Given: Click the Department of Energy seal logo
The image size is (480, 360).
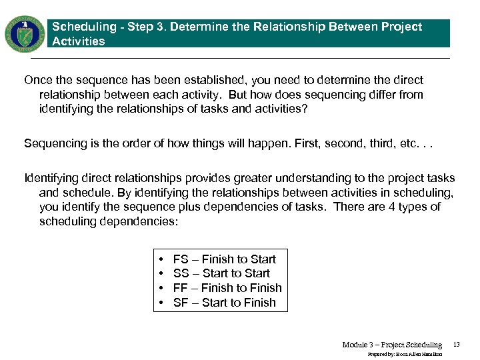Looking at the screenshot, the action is (x=25, y=33).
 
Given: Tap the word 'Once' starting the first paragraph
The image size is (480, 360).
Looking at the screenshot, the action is (x=37, y=80).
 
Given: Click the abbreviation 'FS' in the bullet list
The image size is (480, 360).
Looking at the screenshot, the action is (x=181, y=259).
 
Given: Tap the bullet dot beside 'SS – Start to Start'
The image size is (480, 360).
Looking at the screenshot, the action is (x=162, y=273).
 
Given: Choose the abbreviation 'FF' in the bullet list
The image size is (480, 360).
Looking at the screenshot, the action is (x=180, y=288).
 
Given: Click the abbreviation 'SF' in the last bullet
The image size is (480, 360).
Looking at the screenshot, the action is (x=181, y=303).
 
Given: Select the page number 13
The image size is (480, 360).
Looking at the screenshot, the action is (x=457, y=345).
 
